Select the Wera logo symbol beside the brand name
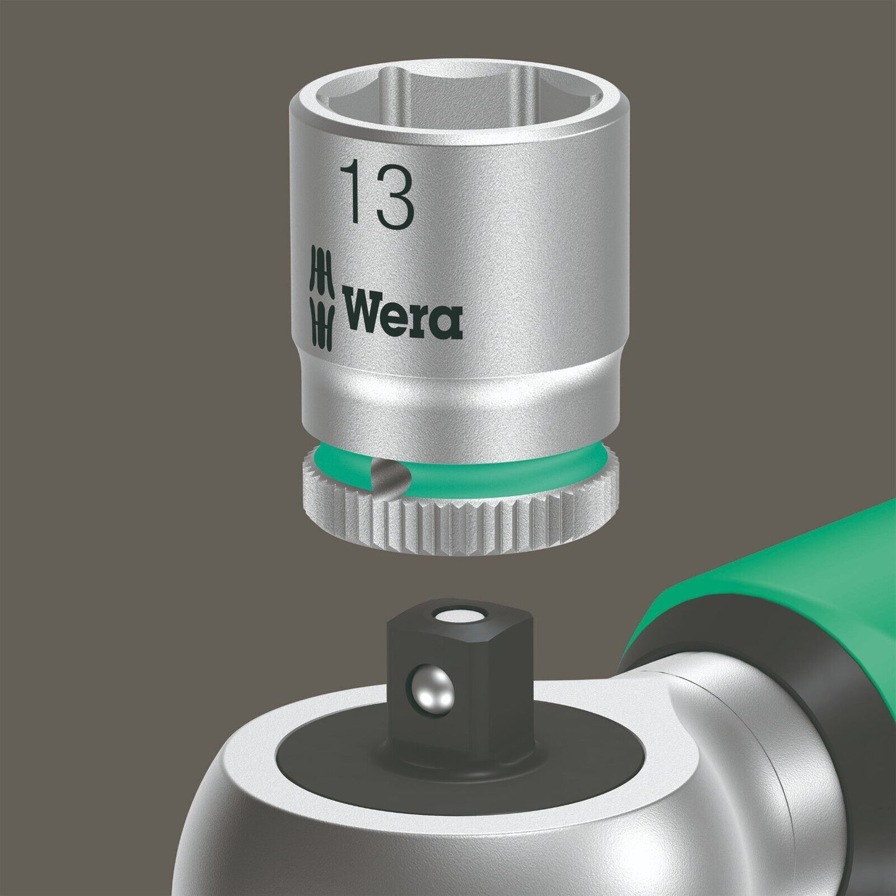[321, 296]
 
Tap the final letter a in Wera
[448, 321]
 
